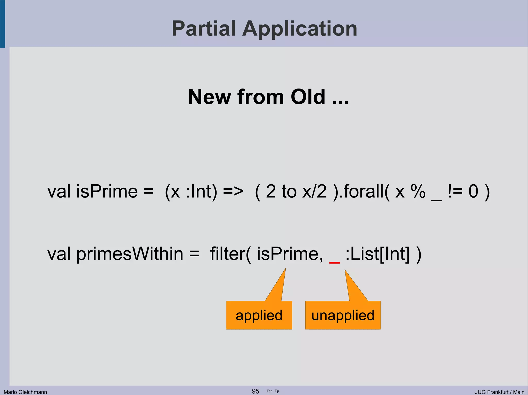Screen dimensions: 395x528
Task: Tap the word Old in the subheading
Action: click(308, 97)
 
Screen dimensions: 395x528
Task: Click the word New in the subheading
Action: click(210, 97)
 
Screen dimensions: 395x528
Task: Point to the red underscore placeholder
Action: click(334, 262)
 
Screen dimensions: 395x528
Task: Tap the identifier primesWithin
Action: click(130, 254)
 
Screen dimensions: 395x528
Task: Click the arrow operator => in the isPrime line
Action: click(233, 192)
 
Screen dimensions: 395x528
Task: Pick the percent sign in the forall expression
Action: click(418, 192)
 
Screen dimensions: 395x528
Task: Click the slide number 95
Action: click(255, 391)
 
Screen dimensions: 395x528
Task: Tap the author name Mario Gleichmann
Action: click(25, 392)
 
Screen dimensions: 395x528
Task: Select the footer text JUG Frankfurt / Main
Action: click(499, 392)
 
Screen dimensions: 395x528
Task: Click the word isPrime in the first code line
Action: click(107, 192)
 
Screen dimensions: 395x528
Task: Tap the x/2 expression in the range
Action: click(314, 192)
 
